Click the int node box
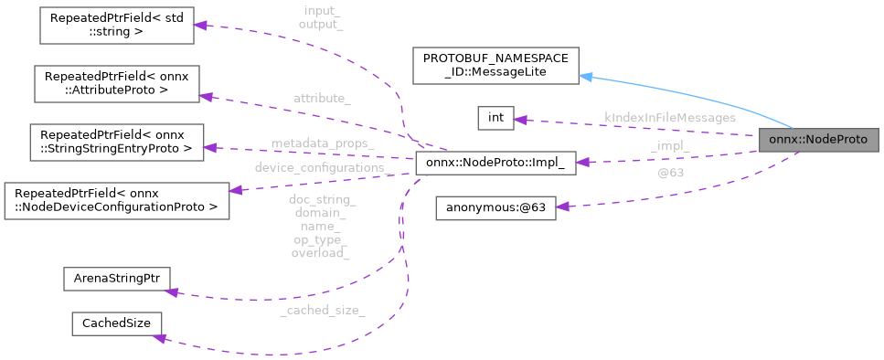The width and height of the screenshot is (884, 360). [495, 118]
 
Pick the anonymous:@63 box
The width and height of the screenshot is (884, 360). [495, 207]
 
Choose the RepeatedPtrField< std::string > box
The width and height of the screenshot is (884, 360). [115, 26]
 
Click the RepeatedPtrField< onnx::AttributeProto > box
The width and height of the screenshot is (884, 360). [115, 83]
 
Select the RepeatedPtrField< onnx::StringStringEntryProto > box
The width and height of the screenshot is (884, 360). [115, 141]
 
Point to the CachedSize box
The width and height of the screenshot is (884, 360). [117, 324]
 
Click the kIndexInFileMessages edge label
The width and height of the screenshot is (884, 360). [670, 118]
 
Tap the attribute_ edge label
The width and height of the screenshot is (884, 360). [322, 97]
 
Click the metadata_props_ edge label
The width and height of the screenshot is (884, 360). [322, 144]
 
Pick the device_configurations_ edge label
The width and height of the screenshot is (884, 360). [323, 168]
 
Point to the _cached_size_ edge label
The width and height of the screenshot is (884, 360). [322, 311]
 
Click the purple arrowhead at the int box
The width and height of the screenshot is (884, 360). [520, 119]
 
